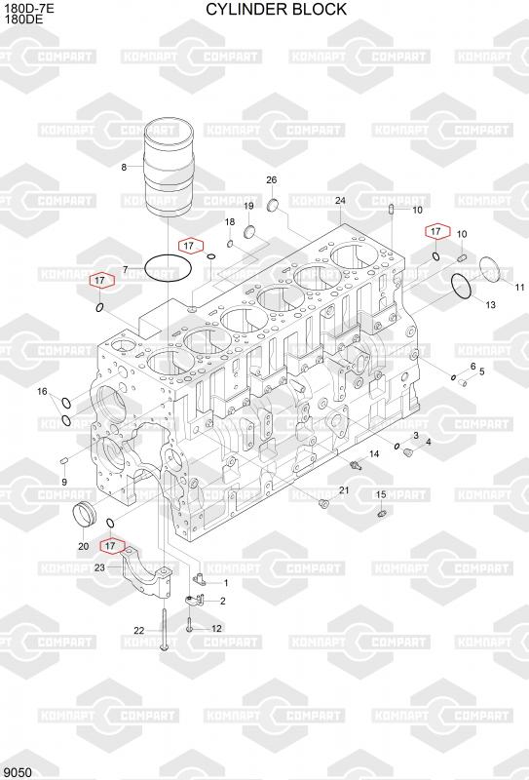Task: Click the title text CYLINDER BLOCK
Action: tap(276, 9)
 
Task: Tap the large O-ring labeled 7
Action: tap(168, 268)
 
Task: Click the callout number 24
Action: tap(340, 201)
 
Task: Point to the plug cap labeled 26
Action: tap(274, 205)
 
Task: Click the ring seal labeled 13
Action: tap(462, 287)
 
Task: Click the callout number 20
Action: tap(84, 546)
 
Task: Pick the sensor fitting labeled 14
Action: tap(356, 465)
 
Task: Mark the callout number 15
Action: tap(381, 494)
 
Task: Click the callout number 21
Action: tap(344, 490)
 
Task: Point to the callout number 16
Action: tap(42, 392)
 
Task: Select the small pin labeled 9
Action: tap(63, 461)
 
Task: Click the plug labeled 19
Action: tap(250, 231)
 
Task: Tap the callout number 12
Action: tap(217, 628)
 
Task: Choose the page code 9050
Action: tap(18, 772)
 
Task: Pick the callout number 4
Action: tap(428, 442)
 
